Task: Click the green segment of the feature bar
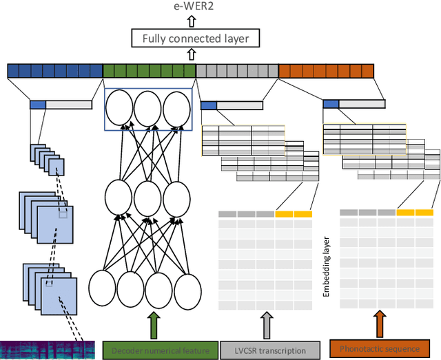pos(149,70)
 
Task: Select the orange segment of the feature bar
pos(326,70)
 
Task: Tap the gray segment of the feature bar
pos(237,70)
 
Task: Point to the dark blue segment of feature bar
pos(55,70)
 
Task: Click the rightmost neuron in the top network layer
pos(176,109)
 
